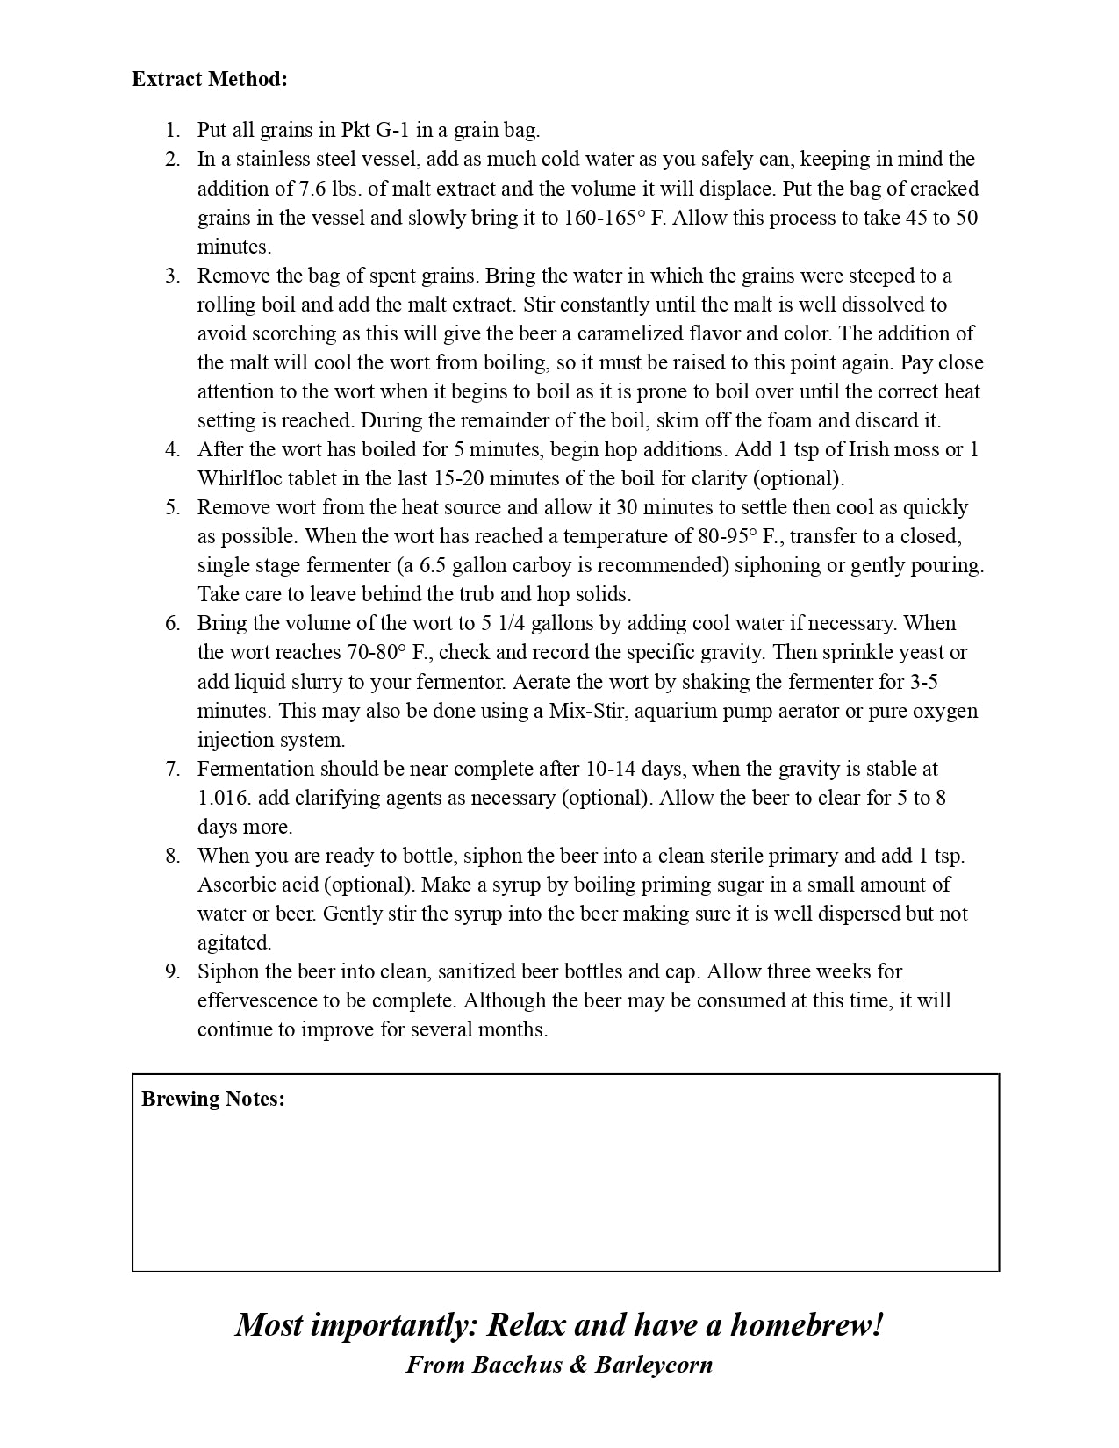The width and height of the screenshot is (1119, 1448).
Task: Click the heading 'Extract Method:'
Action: pos(210,79)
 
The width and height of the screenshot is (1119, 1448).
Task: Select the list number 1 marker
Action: pos(173,131)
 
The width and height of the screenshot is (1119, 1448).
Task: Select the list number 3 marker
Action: pos(173,276)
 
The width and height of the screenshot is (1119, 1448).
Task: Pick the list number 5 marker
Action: pos(173,507)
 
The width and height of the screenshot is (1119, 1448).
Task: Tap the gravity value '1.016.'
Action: pos(224,798)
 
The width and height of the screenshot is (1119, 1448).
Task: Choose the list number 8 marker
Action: pos(173,856)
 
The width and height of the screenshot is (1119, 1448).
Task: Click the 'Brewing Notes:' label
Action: pos(213,1099)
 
